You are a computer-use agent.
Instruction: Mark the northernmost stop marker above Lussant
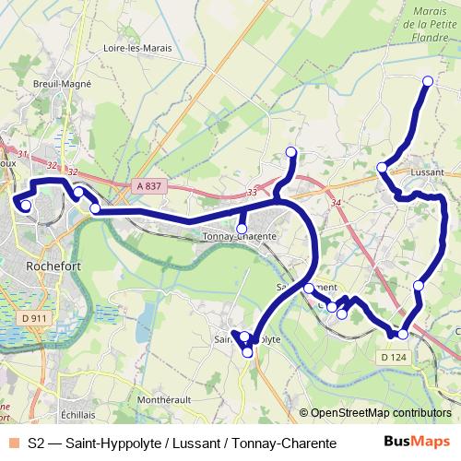point(428,82)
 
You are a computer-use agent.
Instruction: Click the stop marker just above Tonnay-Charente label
point(242,229)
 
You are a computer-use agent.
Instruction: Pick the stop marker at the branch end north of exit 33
point(291,152)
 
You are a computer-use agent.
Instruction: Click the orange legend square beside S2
point(14,443)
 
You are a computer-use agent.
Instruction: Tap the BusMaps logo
point(416,443)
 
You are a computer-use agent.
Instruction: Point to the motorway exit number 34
point(335,203)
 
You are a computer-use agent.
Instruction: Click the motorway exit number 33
point(252,193)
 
